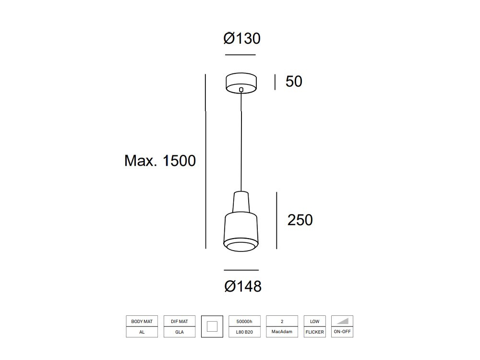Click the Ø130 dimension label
click(x=241, y=38)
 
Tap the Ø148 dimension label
click(x=243, y=287)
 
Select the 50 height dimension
click(x=294, y=82)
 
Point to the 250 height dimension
click(x=300, y=220)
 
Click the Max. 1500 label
click(x=160, y=160)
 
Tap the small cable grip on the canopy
click(x=241, y=89)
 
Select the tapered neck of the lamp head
click(x=241, y=202)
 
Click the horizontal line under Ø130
click(x=240, y=55)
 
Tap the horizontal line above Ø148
click(x=241, y=270)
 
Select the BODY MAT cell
click(x=142, y=321)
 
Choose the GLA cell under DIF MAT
click(x=180, y=332)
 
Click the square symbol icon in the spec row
click(x=212, y=326)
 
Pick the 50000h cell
click(x=244, y=321)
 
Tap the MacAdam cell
click(x=282, y=332)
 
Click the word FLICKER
click(x=315, y=332)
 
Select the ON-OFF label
click(x=342, y=332)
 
